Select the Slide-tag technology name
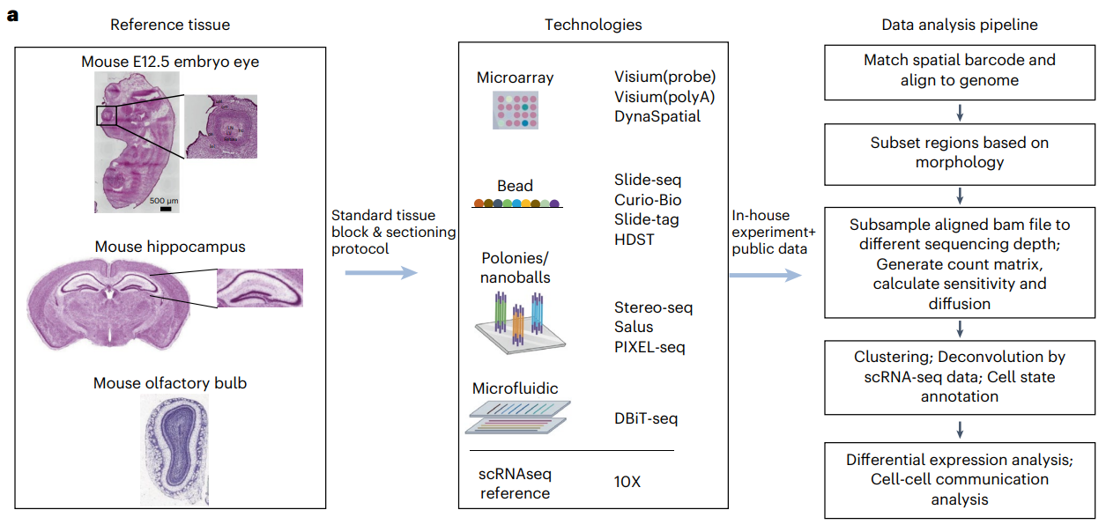[x=647, y=219]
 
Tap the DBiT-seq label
[x=646, y=418]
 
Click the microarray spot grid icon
[x=515, y=110]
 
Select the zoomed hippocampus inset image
[x=259, y=288]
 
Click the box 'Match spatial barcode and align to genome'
[x=959, y=70]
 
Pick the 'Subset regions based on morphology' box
[x=959, y=151]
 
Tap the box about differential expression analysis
[x=959, y=480]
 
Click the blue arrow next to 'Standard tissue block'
[x=380, y=273]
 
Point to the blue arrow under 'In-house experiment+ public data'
[x=766, y=275]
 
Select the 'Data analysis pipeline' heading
[x=959, y=25]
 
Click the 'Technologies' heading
[x=593, y=25]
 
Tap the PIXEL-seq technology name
[x=649, y=346]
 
